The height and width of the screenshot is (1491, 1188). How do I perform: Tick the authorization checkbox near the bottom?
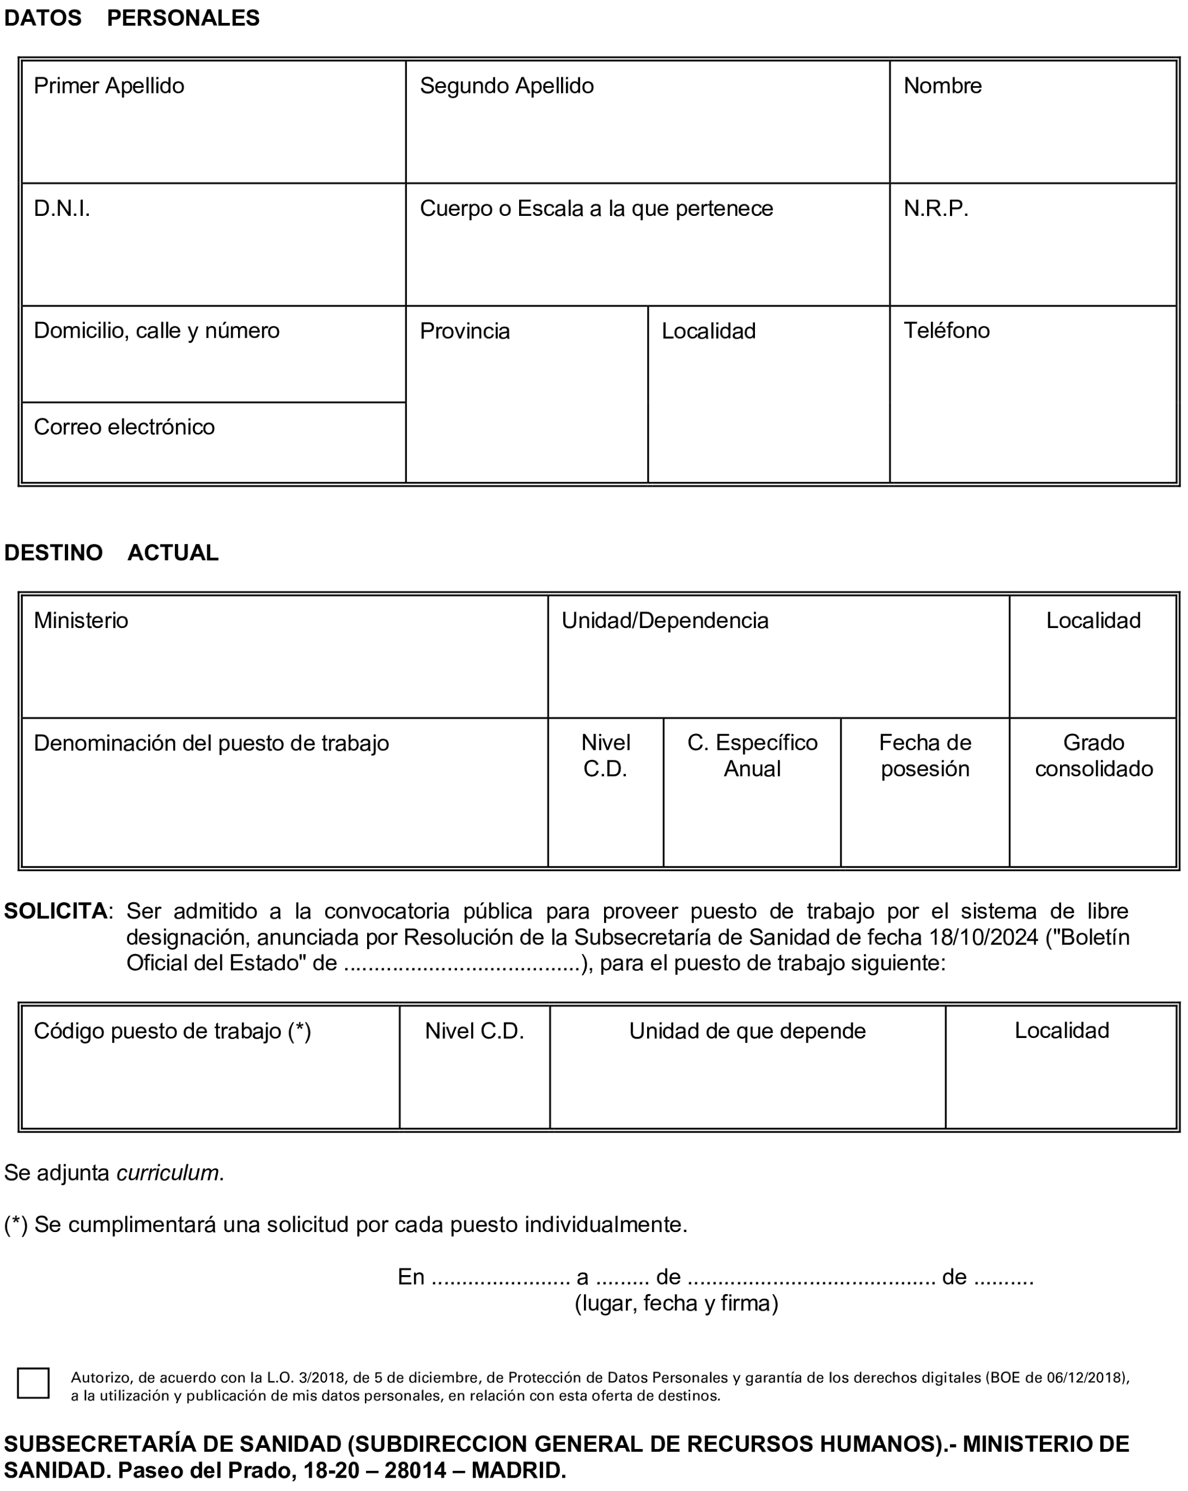[33, 1383]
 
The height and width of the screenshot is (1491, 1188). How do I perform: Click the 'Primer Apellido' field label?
[108, 86]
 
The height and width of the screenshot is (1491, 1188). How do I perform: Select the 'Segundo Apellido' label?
[507, 86]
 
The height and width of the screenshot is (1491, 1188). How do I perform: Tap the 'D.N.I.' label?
[61, 208]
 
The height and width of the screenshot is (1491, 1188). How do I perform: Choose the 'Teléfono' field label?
[946, 331]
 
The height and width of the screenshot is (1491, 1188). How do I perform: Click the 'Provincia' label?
[464, 331]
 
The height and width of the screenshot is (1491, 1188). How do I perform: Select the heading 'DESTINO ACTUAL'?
[111, 553]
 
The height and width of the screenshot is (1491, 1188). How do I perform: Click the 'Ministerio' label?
[81, 620]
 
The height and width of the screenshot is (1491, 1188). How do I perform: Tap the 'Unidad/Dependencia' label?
[664, 620]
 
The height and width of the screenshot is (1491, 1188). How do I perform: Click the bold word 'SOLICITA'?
[55, 911]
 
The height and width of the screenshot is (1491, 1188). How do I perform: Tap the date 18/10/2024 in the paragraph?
[983, 937]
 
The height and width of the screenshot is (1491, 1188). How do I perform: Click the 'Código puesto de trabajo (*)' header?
[172, 1031]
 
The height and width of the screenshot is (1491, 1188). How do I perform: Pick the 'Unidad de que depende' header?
[747, 1031]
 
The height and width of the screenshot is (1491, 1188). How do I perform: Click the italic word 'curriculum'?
[168, 1173]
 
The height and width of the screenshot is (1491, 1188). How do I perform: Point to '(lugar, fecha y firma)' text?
[676, 1303]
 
